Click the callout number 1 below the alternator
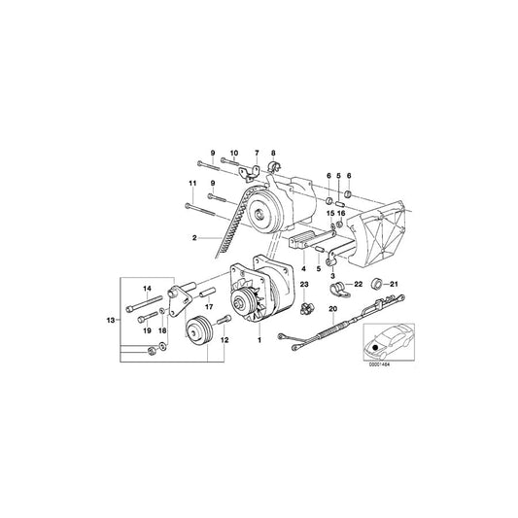(x=259, y=340)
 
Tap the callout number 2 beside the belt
(x=194, y=237)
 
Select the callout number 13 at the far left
(x=113, y=319)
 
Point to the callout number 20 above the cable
(x=331, y=310)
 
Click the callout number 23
(x=303, y=284)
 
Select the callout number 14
(x=149, y=290)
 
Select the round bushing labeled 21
(x=380, y=285)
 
